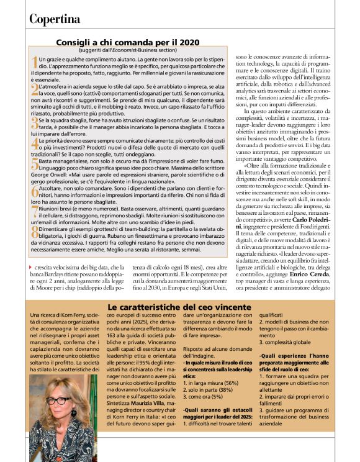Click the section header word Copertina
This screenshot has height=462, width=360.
[x=54, y=19]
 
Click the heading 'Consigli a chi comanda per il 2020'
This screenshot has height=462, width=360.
[x=127, y=42]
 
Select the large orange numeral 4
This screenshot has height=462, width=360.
[x=34, y=143]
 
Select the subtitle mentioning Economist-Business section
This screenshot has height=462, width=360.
[x=127, y=49]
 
